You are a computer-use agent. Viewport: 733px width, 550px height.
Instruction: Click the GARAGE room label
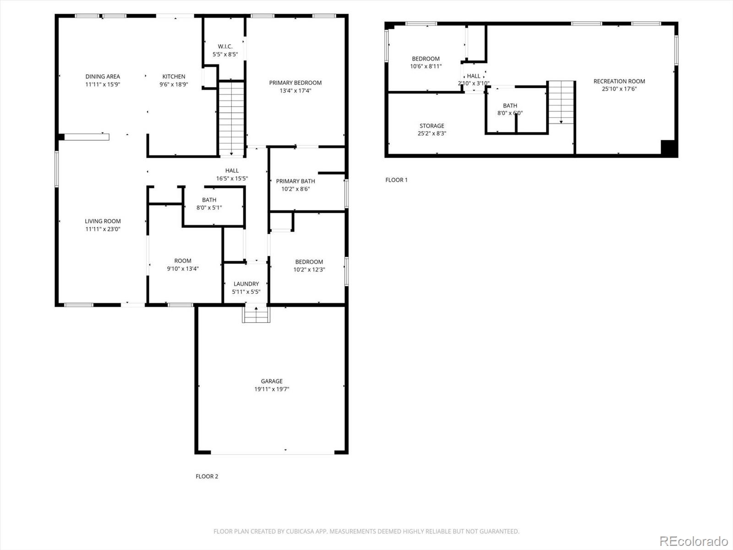tap(272, 381)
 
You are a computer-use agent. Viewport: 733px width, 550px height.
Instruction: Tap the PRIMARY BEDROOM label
tap(295, 82)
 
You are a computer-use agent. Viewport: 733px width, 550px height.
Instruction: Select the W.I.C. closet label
tap(225, 46)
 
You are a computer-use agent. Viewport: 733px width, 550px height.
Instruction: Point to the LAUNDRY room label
tap(246, 284)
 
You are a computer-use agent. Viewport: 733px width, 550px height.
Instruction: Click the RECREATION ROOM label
tap(619, 81)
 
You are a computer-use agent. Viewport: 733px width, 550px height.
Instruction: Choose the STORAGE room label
tap(432, 126)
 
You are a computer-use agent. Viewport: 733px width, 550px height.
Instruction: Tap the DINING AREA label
tap(103, 77)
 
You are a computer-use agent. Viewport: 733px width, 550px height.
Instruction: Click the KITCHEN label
tap(174, 77)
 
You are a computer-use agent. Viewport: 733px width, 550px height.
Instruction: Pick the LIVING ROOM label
tap(103, 221)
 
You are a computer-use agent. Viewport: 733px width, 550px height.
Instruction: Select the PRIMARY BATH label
tap(295, 181)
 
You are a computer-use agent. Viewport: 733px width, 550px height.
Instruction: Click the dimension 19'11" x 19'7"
tap(272, 389)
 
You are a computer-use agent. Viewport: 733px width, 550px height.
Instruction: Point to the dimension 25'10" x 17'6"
tap(619, 89)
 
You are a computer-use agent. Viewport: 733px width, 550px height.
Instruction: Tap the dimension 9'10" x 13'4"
tap(183, 269)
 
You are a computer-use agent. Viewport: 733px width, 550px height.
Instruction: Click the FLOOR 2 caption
tap(207, 476)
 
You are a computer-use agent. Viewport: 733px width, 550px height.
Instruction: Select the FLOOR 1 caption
tap(396, 180)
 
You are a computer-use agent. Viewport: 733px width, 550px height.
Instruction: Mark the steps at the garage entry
tap(256, 314)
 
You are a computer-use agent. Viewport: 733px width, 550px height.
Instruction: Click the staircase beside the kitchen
tap(231, 119)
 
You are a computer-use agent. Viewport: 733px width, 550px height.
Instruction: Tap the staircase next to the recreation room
tap(561, 103)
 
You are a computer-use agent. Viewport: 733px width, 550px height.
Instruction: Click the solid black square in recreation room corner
tap(668, 147)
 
